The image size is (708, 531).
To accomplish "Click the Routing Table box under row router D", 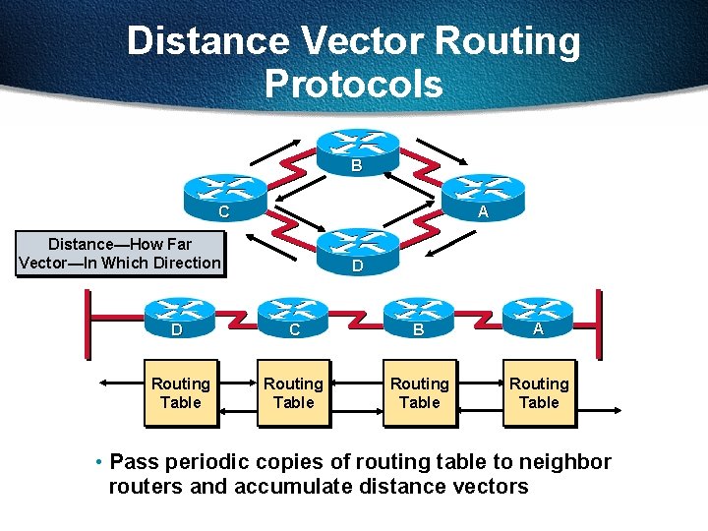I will coord(180,392).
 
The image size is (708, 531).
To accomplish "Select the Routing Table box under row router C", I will coord(293,392).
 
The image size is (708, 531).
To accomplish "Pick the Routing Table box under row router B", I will coord(420,392).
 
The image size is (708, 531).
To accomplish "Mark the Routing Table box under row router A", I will coord(539,392).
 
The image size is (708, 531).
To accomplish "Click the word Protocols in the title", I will coord(353,84).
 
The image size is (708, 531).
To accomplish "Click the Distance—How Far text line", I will coord(120,244).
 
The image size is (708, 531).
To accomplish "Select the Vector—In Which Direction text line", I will coord(120,263).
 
